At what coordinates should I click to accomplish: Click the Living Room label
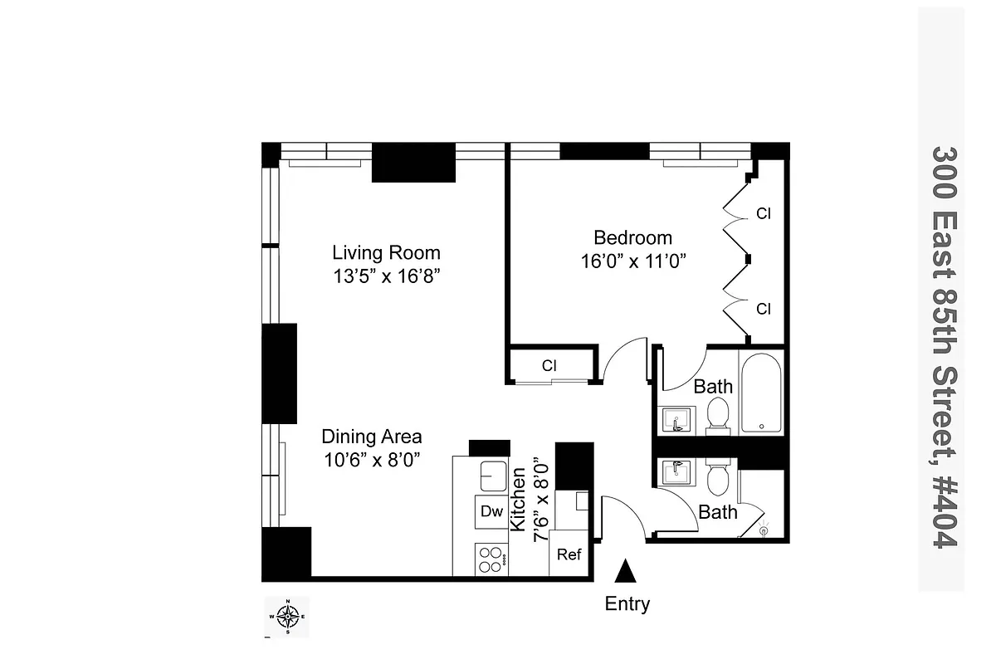coord(386,252)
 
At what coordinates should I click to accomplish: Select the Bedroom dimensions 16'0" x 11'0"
coord(633,261)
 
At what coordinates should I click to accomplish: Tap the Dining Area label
coord(371,437)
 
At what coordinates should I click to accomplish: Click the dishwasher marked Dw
coord(491,511)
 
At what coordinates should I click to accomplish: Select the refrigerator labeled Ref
coord(569,554)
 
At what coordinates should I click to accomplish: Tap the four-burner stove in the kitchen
coord(491,559)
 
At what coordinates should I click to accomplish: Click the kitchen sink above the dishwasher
coord(492,475)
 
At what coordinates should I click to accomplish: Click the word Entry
coord(627,604)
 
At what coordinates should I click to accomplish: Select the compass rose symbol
coord(287,617)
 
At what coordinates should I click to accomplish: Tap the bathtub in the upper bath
coord(760,393)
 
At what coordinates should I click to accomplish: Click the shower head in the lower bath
coord(764,527)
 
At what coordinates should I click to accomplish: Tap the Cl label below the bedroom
coord(549,365)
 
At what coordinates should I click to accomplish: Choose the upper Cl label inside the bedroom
coord(763,213)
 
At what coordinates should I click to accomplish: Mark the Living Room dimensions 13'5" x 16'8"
coord(386,276)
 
